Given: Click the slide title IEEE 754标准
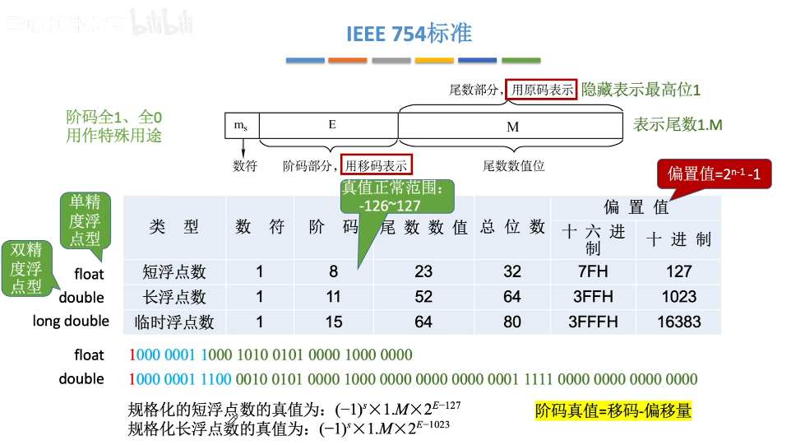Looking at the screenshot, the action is pyautogui.click(x=409, y=34).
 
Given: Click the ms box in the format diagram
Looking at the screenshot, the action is pyautogui.click(x=241, y=126).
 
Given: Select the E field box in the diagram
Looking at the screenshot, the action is pyautogui.click(x=331, y=126).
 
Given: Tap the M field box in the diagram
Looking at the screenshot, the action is pyautogui.click(x=511, y=127).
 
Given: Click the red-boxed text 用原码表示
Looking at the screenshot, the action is pyautogui.click(x=541, y=90).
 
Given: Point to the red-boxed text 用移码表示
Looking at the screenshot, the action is pyautogui.click(x=377, y=165).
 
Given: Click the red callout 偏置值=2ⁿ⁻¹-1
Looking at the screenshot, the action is pyautogui.click(x=712, y=175).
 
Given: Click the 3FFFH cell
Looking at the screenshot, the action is pyautogui.click(x=594, y=322).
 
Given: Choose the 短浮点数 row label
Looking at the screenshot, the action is pyautogui.click(x=174, y=271).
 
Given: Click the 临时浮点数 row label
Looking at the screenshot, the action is pyautogui.click(x=174, y=322).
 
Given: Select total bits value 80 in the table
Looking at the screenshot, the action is pyautogui.click(x=512, y=322).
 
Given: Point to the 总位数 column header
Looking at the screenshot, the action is pyautogui.click(x=512, y=227).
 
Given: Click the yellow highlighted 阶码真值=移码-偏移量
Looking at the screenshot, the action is pyautogui.click(x=613, y=410).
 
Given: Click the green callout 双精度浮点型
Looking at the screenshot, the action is pyautogui.click(x=25, y=267).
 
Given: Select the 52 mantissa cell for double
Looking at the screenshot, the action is pyautogui.click(x=423, y=297).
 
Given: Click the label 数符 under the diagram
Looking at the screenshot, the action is pyautogui.click(x=245, y=165).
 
